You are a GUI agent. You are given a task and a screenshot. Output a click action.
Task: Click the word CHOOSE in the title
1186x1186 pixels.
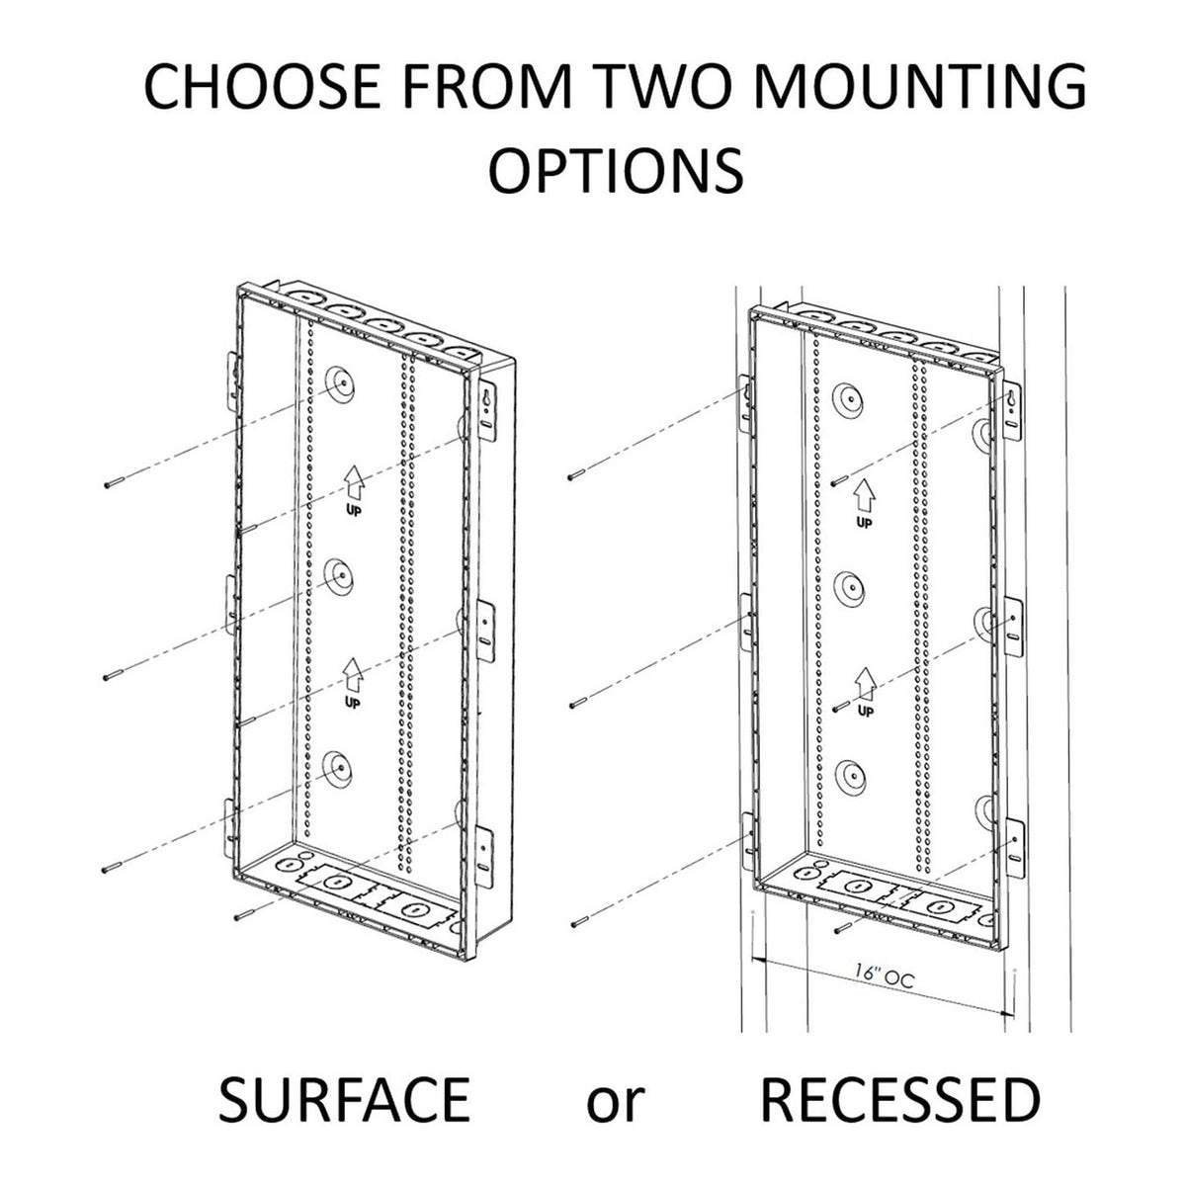(x=263, y=86)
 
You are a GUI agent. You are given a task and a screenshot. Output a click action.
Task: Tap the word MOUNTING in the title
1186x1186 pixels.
(x=919, y=86)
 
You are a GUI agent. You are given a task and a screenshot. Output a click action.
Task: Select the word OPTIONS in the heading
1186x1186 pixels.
(x=616, y=169)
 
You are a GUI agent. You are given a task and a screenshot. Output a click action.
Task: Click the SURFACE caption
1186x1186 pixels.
(x=345, y=1099)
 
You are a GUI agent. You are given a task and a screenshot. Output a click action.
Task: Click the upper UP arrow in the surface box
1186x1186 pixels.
(x=353, y=488)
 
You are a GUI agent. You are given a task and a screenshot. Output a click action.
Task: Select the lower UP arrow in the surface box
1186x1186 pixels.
(x=353, y=682)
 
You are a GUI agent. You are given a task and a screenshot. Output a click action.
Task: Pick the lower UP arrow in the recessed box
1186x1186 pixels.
(x=866, y=693)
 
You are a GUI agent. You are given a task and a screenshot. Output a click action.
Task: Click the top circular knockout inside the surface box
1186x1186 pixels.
(x=340, y=384)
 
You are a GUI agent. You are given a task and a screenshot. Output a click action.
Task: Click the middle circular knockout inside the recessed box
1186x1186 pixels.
(x=850, y=588)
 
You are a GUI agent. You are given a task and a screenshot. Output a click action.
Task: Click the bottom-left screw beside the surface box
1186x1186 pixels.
(x=114, y=867)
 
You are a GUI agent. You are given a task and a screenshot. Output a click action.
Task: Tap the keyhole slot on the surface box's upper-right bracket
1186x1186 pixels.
(x=486, y=398)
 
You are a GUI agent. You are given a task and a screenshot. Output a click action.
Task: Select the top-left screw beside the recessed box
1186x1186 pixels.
(x=576, y=474)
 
